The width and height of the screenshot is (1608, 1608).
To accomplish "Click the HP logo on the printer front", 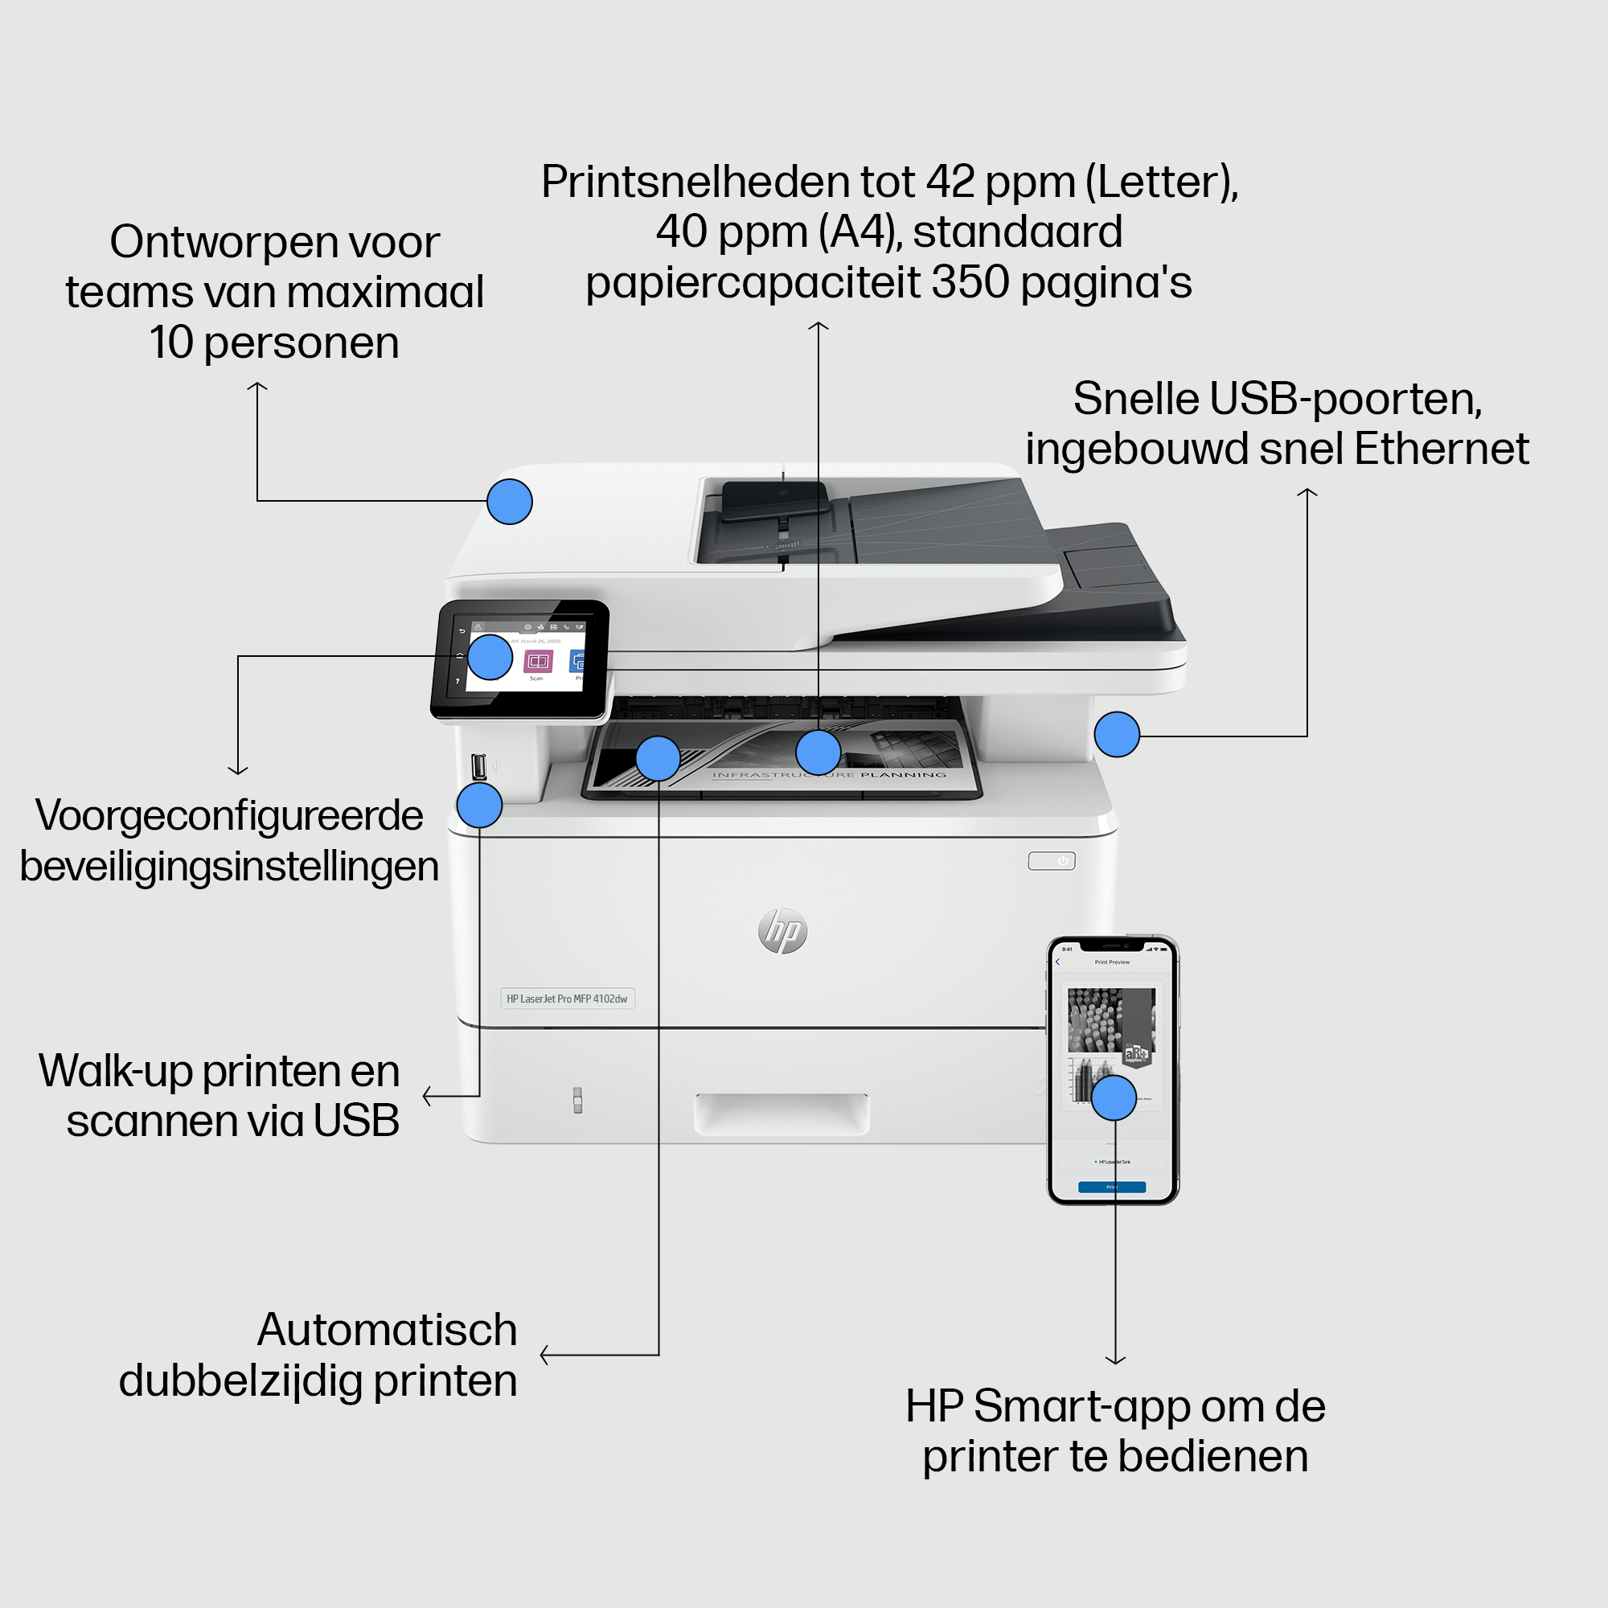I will pos(782,930).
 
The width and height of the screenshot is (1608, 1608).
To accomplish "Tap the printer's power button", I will pos(1051,860).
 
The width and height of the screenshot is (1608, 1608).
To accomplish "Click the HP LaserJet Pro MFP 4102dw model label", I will pos(567,999).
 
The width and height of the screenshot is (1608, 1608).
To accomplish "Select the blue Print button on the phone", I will pos(1111,1187).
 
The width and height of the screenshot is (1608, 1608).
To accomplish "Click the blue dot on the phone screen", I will pos(1114,1097).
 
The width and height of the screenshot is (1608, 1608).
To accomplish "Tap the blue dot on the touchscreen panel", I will pos(490,658).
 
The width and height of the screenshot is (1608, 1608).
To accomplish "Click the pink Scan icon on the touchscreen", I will pos(538,662).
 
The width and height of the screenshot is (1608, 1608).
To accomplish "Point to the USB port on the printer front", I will pos(478,765).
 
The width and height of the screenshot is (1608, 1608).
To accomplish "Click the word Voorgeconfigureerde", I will pos(229,815).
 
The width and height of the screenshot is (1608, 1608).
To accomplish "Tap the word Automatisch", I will pos(387,1330).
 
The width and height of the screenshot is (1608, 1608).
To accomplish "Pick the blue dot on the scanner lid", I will pos(510,502).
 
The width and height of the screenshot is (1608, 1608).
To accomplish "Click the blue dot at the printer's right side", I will pos(1116,734).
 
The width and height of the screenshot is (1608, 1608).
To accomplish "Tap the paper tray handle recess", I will pos(781,1114).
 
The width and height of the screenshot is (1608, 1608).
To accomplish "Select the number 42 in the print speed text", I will pos(950,183).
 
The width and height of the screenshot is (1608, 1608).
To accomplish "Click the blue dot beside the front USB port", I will pos(479,805).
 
